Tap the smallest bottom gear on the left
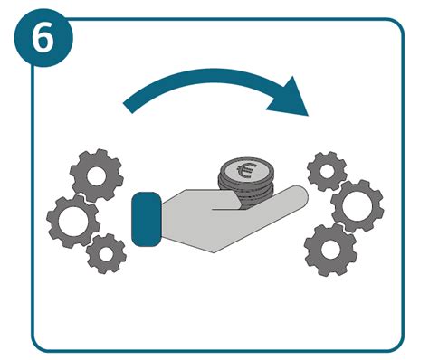pyautogui.click(x=107, y=253)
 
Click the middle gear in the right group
pyautogui.click(x=357, y=205)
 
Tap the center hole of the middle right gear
pyautogui.click(x=357, y=205)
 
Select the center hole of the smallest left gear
pyautogui.click(x=107, y=253)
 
